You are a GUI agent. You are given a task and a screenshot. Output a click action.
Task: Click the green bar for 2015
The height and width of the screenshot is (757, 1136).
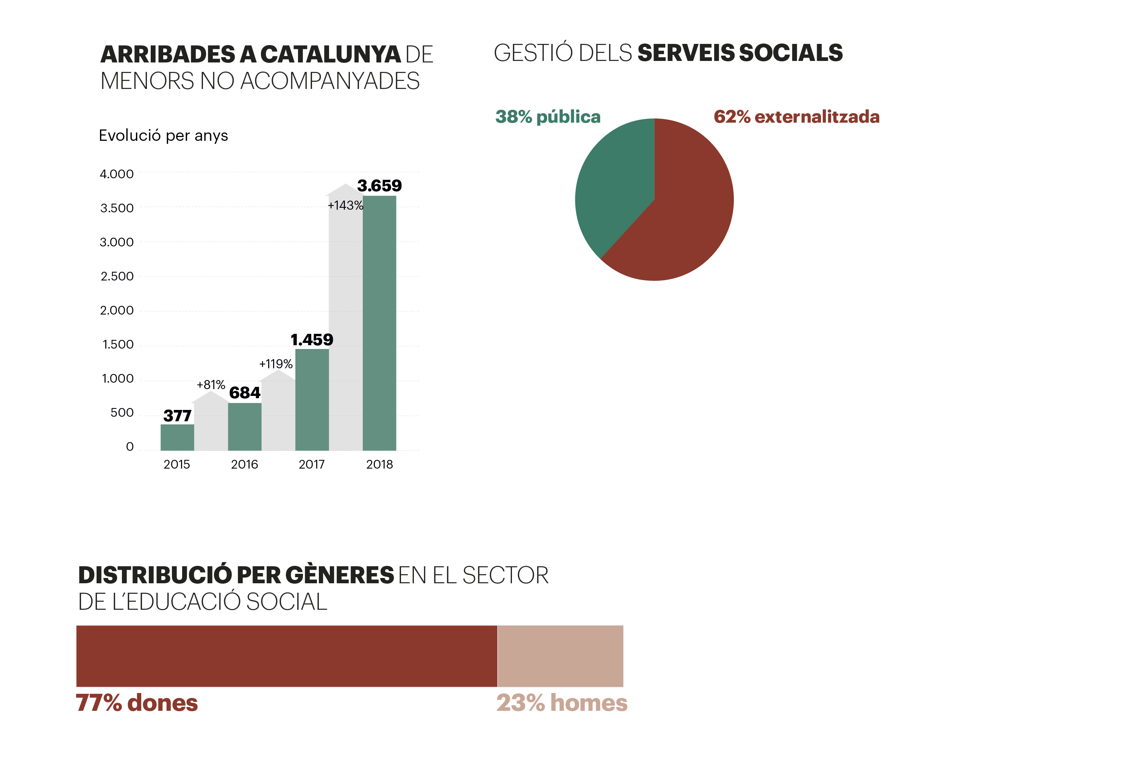[x=177, y=438]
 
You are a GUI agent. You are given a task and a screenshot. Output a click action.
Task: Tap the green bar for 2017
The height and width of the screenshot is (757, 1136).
[x=312, y=400]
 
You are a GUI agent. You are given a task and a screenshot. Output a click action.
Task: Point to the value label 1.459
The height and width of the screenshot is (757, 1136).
[x=312, y=340]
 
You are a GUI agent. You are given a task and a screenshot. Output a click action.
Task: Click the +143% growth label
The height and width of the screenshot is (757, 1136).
[x=345, y=206]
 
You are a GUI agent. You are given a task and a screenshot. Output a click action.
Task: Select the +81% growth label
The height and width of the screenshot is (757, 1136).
[x=211, y=385]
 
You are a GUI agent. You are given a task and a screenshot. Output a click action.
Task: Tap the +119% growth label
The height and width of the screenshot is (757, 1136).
[x=276, y=364]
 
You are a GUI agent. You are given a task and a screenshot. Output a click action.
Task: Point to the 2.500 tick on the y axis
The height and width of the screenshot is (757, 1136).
[x=117, y=277]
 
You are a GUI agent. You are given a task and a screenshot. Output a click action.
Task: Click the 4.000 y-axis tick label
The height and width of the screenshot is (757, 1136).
[x=117, y=174]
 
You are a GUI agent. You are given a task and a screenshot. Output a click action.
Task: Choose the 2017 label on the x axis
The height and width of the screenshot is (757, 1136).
[x=312, y=464]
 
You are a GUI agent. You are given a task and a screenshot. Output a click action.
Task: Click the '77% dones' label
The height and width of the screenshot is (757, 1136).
[x=137, y=703]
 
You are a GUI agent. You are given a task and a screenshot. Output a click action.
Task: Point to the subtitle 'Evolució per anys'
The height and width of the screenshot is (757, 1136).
[x=163, y=136]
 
